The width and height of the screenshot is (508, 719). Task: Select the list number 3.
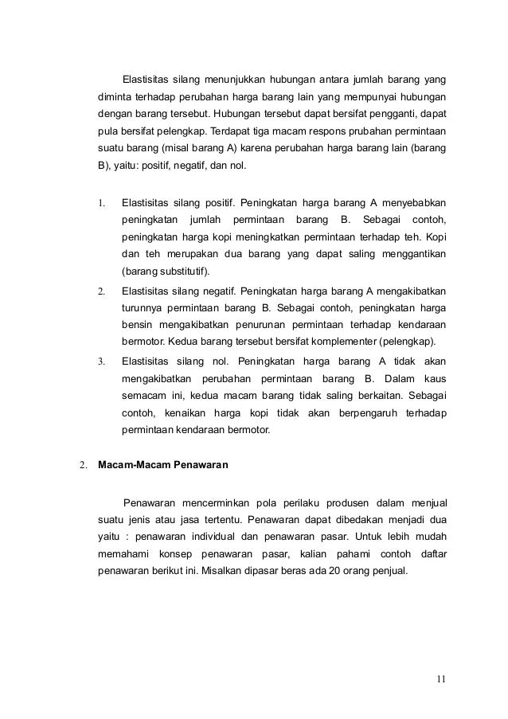tap(101, 361)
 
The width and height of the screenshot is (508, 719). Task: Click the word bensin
tap(139, 325)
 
